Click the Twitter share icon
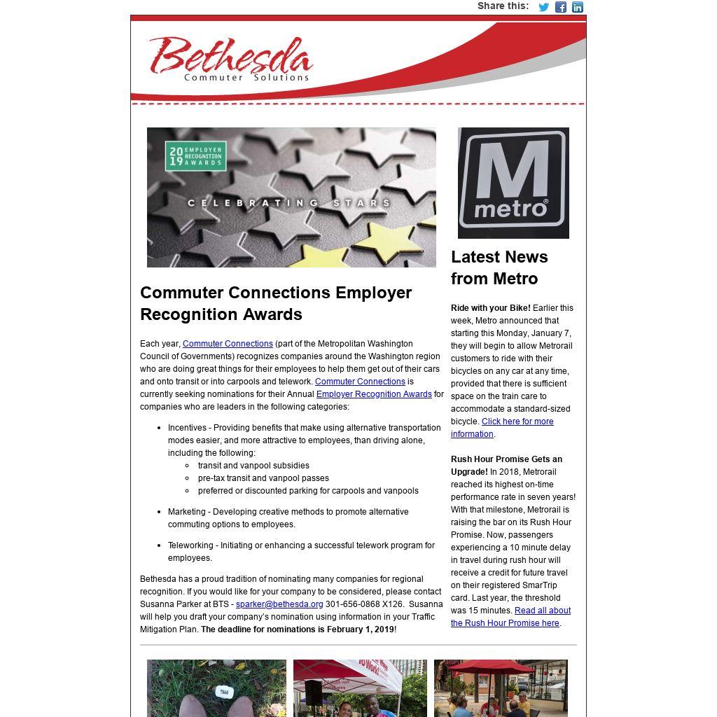pyautogui.click(x=543, y=7)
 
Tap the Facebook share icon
pyautogui.click(x=561, y=7)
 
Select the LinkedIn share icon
pyautogui.click(x=578, y=7)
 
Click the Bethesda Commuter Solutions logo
pyautogui.click(x=230, y=59)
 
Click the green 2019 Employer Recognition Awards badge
pyautogui.click(x=196, y=156)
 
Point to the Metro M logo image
pyautogui.click(x=513, y=183)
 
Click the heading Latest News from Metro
pyautogui.click(x=499, y=267)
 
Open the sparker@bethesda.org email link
pyautogui.click(x=279, y=604)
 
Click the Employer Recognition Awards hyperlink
pyautogui.click(x=374, y=394)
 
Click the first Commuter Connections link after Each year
pyautogui.click(x=228, y=344)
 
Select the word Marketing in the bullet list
pyautogui.click(x=187, y=512)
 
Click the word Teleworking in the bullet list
pyautogui.click(x=190, y=545)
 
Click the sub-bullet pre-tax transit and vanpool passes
pyautogui.click(x=263, y=478)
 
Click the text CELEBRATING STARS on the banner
pyautogui.click(x=288, y=203)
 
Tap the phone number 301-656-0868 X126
pyautogui.click(x=364, y=604)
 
